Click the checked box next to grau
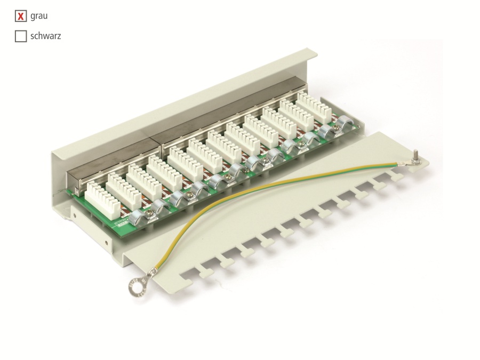point(21,17)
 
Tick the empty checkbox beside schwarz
point(21,37)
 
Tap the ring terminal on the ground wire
point(138,285)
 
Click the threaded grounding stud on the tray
point(414,157)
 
